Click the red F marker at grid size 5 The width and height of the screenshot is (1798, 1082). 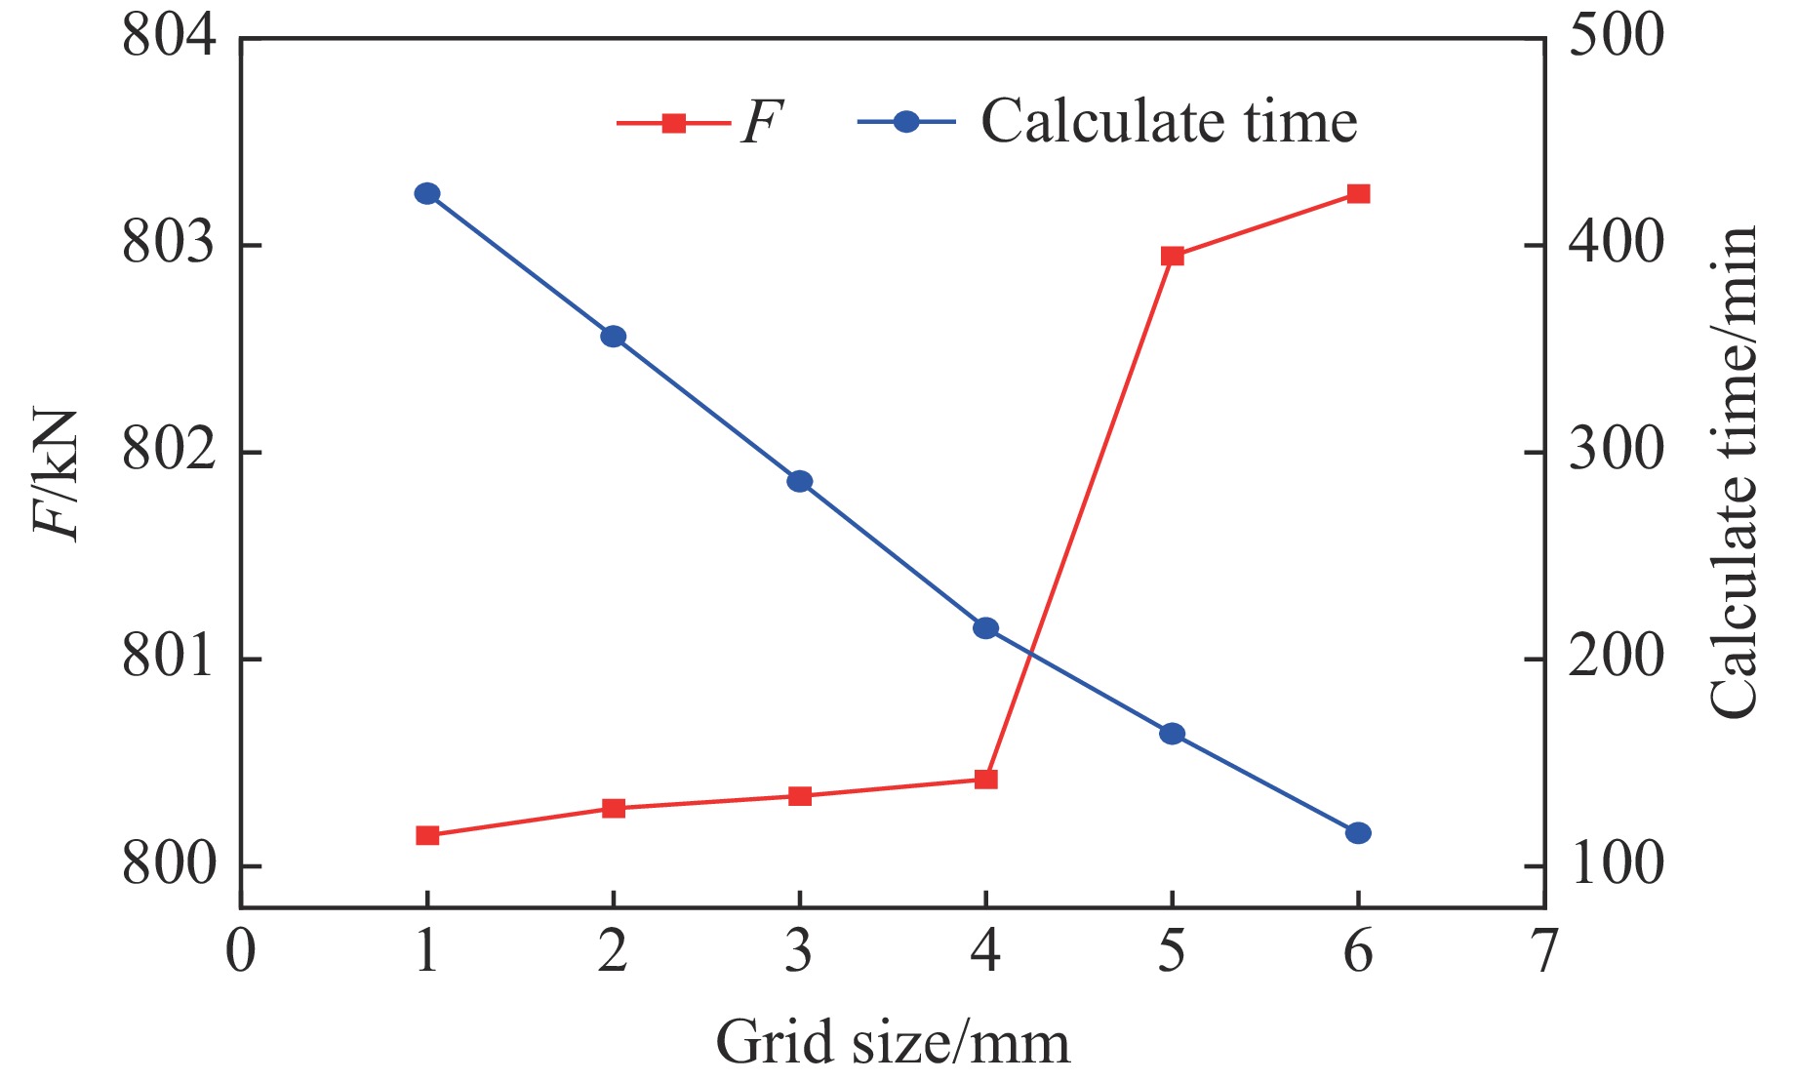[1172, 256]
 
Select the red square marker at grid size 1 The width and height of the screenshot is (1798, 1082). [427, 835]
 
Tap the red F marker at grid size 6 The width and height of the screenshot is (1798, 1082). [1358, 193]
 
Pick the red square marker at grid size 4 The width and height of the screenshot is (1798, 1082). [986, 779]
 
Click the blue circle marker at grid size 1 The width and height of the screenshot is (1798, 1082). [426, 193]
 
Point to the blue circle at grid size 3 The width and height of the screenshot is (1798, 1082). [800, 481]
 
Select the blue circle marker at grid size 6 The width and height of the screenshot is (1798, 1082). [1358, 833]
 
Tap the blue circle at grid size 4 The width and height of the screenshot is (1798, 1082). [986, 627]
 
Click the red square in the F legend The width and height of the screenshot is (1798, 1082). [673, 122]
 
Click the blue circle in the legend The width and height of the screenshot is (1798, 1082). [906, 122]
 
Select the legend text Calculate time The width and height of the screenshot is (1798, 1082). [1169, 122]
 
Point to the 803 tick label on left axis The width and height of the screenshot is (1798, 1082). [168, 244]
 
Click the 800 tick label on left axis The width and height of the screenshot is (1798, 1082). [168, 865]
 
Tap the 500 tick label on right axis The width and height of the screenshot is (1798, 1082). [1616, 37]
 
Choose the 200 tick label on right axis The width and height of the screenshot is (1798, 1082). [1616, 658]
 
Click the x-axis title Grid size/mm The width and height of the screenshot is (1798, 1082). [893, 1042]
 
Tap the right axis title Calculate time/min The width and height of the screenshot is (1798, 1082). [1735, 473]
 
